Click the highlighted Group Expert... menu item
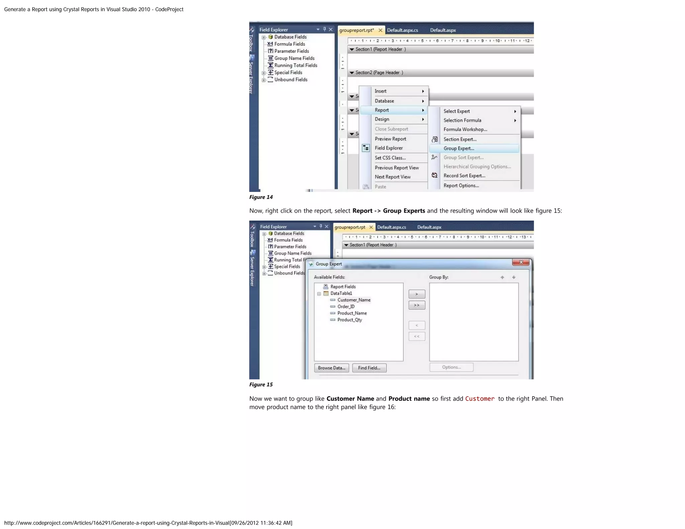pyautogui.click(x=459, y=148)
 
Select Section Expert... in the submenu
pyautogui.click(x=460, y=139)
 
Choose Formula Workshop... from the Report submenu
pyautogui.click(x=465, y=129)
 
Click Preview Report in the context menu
pyautogui.click(x=390, y=139)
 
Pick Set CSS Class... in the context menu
pyautogui.click(x=390, y=158)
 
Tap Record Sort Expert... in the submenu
pyautogui.click(x=464, y=176)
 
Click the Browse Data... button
pyautogui.click(x=331, y=368)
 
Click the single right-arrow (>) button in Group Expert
pyautogui.click(x=416, y=294)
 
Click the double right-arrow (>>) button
pyautogui.click(x=416, y=305)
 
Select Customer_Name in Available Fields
pyautogui.click(x=354, y=300)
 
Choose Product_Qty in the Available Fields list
pyautogui.click(x=350, y=320)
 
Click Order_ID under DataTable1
pyautogui.click(x=346, y=307)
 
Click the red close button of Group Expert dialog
pyautogui.click(x=521, y=262)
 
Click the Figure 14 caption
pyautogui.click(x=261, y=197)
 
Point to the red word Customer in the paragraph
pyautogui.click(x=480, y=399)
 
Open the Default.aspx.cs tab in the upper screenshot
pyautogui.click(x=402, y=30)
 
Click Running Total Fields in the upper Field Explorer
pyautogui.click(x=296, y=66)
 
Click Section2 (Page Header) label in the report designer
pyautogui.click(x=379, y=73)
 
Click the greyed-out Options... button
pyautogui.click(x=451, y=367)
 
